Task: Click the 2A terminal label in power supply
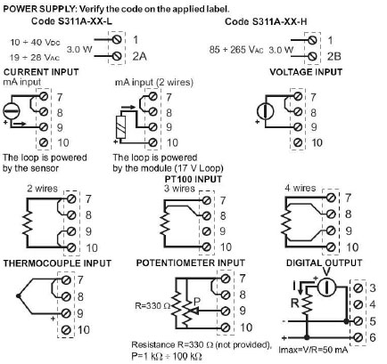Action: pyautogui.click(x=139, y=56)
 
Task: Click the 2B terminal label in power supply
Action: pyautogui.click(x=333, y=56)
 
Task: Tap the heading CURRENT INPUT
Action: pyautogui.click(x=41, y=72)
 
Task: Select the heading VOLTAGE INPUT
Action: pyautogui.click(x=306, y=72)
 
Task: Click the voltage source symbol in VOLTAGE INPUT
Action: pyautogui.click(x=265, y=111)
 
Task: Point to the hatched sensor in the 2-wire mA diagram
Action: pyautogui.click(x=121, y=127)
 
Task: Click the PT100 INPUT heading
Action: pyautogui.click(x=193, y=179)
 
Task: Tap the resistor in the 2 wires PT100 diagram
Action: pyautogui.click(x=27, y=223)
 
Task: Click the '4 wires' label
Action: pyautogui.click(x=300, y=188)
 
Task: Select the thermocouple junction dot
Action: pyautogui.click(x=19, y=295)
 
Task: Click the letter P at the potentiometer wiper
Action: pyautogui.click(x=197, y=302)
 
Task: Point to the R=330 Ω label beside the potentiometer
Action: pyautogui.click(x=152, y=306)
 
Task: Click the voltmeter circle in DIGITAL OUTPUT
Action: pyautogui.click(x=326, y=287)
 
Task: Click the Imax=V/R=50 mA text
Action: pyautogui.click(x=313, y=350)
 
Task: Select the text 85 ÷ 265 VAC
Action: pyautogui.click(x=236, y=50)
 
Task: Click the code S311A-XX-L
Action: pyautogui.click(x=71, y=21)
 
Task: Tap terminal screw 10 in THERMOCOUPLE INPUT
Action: pyautogui.click(x=67, y=329)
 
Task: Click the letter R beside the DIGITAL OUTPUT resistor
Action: pyautogui.click(x=295, y=303)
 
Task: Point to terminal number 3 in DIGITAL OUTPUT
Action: pyautogui.click(x=373, y=287)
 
